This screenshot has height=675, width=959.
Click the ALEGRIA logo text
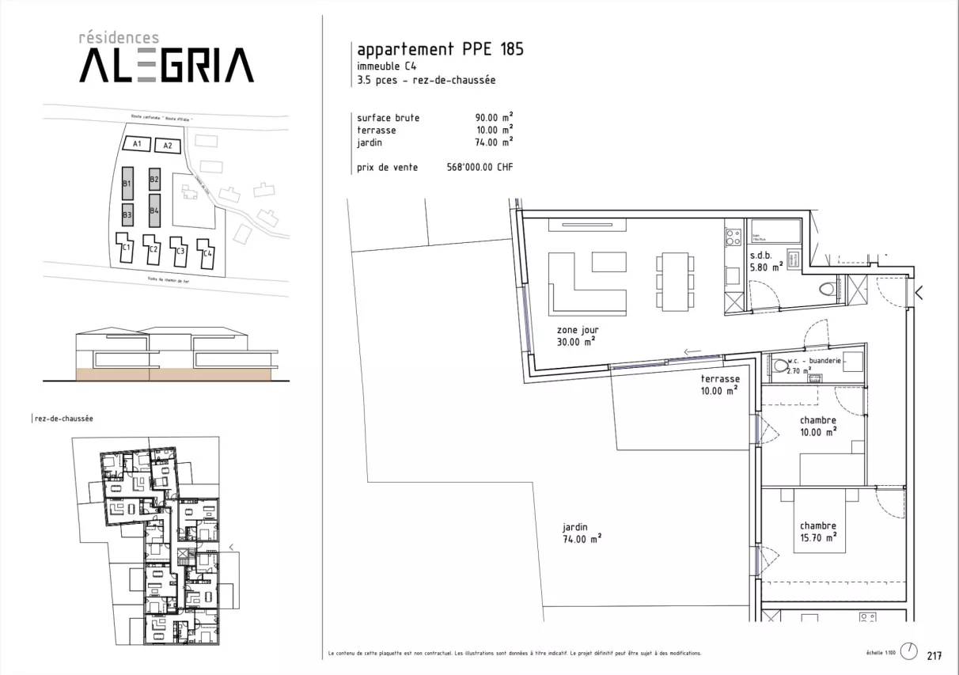[x=166, y=65]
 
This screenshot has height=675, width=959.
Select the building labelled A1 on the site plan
[x=137, y=144]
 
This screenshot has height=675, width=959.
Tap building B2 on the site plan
[x=154, y=180]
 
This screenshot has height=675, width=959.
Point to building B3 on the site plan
[x=127, y=214]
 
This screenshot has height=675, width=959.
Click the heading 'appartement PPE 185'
[x=440, y=50]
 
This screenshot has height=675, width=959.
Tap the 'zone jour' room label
[x=575, y=330]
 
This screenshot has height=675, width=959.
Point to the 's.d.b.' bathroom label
[x=760, y=256]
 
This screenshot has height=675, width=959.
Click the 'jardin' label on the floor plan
[x=575, y=527]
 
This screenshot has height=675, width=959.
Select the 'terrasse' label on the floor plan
[x=719, y=379]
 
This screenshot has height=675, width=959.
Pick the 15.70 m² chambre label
[x=818, y=537]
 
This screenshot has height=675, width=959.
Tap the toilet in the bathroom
[x=828, y=289]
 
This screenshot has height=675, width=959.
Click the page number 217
[x=934, y=655]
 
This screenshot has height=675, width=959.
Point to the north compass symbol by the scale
[x=912, y=650]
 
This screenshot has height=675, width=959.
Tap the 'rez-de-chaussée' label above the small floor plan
[x=63, y=419]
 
